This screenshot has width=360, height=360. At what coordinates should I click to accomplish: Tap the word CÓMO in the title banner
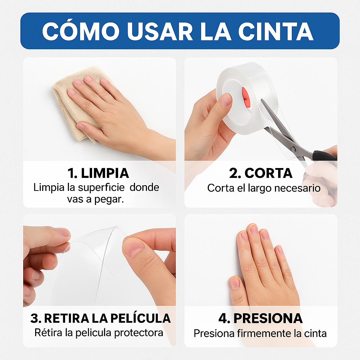pyautogui.click(x=82, y=31)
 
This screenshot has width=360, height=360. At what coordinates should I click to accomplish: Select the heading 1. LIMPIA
pyautogui.click(x=98, y=173)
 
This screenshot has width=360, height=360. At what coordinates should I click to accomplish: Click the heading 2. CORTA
pyautogui.click(x=261, y=173)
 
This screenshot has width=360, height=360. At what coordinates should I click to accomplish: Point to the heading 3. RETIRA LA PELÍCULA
pyautogui.click(x=100, y=318)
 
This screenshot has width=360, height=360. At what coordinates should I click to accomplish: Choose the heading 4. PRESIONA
pyautogui.click(x=261, y=318)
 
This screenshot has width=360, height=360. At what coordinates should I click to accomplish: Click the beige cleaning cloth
pyautogui.click(x=70, y=102)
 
